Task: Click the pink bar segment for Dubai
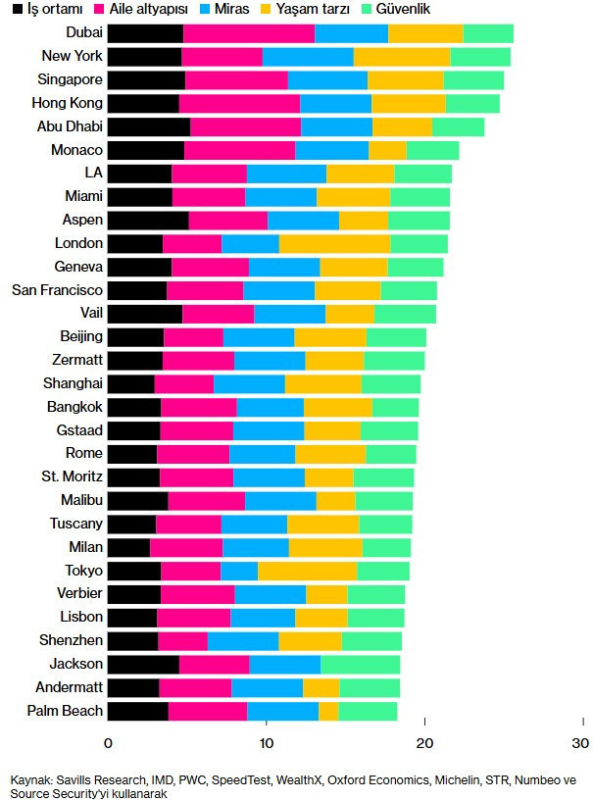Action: point(249,33)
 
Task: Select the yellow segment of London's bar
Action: point(334,243)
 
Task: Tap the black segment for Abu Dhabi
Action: point(148,126)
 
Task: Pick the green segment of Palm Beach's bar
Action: point(368,712)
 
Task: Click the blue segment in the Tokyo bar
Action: point(239,571)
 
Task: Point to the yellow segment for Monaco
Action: point(387,150)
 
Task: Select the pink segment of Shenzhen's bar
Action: point(182,641)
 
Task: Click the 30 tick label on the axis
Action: point(582,742)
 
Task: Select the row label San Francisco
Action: point(57,290)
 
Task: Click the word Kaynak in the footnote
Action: point(29,780)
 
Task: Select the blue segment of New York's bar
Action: point(308,57)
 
